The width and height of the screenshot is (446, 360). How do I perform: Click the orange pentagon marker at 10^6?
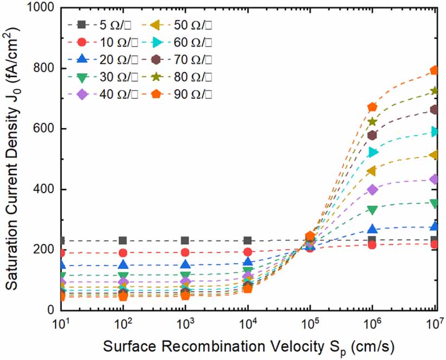click(x=372, y=108)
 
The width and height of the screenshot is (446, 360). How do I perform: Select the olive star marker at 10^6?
click(x=372, y=122)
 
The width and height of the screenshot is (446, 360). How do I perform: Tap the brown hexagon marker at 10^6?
click(x=372, y=135)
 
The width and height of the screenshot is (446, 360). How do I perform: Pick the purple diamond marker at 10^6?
click(x=372, y=190)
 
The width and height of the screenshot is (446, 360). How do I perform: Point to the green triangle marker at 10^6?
click(x=372, y=210)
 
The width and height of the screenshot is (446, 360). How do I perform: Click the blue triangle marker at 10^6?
click(x=372, y=229)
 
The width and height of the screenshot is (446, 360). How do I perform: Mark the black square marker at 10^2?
click(x=123, y=241)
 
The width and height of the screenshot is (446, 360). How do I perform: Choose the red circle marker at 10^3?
click(x=185, y=252)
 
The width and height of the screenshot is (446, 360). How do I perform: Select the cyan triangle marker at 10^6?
click(x=372, y=152)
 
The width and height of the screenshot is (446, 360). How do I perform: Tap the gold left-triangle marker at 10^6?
click(x=372, y=171)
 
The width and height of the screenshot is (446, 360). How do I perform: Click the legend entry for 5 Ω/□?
click(x=95, y=24)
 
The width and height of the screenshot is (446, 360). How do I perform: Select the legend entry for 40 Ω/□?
click(x=95, y=93)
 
